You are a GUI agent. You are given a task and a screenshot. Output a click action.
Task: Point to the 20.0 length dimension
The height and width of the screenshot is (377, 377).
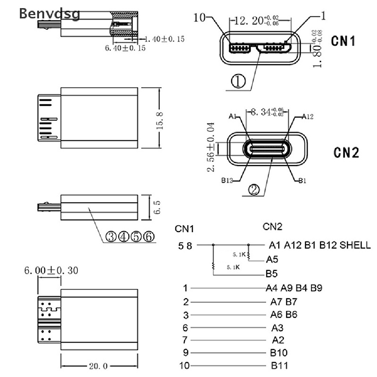[x=98, y=366]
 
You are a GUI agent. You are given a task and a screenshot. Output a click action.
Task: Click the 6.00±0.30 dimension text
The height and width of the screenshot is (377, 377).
[x=51, y=271]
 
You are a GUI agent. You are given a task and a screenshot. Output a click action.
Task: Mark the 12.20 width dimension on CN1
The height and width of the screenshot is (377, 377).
[x=254, y=21]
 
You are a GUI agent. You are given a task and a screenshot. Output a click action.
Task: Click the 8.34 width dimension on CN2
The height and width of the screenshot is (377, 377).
[x=267, y=111]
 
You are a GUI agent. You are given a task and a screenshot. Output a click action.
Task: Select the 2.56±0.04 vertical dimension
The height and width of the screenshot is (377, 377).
[x=211, y=148]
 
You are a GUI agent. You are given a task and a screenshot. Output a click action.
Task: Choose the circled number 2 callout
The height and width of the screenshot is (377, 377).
[x=254, y=190]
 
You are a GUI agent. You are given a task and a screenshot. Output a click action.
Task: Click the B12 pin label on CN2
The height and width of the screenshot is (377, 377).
[x=227, y=180]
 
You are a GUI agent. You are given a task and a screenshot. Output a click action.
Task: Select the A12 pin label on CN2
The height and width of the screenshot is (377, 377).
[x=307, y=117]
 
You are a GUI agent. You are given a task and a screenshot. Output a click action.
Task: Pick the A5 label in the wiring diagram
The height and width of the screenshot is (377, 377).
[x=272, y=260]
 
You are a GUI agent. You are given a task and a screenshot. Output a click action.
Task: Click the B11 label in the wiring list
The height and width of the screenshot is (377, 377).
[x=279, y=366]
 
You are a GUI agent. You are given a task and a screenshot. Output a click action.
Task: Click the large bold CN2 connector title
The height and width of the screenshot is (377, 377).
[x=346, y=152]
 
